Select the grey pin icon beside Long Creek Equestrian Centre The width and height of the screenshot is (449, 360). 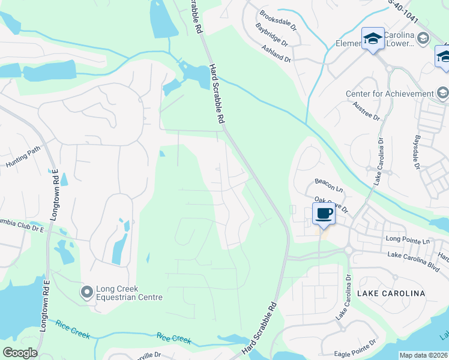(87, 292)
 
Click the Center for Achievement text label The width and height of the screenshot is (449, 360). (389, 94)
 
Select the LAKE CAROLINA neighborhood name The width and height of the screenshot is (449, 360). (391, 293)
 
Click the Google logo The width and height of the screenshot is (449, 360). (20, 352)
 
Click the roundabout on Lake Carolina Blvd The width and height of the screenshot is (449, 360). (348, 250)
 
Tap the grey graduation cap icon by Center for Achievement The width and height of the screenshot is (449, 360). (443, 93)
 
